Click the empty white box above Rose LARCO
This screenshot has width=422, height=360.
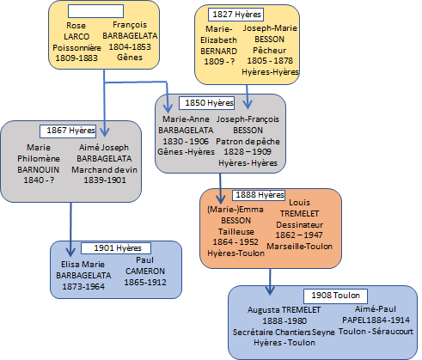tap(95, 11)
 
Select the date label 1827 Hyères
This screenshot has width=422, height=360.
tap(236, 15)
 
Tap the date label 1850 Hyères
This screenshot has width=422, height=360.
tap(206, 103)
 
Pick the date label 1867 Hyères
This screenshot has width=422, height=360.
tap(68, 131)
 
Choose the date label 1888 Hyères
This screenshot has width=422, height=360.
tap(259, 195)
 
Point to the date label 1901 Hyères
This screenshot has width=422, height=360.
tap(116, 248)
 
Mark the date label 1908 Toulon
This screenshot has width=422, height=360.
tap(335, 296)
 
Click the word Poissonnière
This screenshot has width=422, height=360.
tap(76, 47)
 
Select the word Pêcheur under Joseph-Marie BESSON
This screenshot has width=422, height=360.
tap(269, 51)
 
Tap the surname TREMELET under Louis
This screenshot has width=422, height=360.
tap(299, 214)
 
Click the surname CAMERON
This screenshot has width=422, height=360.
tap(145, 271)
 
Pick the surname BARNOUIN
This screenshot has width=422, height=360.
tap(38, 169)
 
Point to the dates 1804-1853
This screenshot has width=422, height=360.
tap(130, 46)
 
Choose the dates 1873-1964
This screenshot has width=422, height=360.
tap(83, 286)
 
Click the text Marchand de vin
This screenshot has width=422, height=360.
tap(104, 170)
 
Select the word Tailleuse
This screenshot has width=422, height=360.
tap(236, 231)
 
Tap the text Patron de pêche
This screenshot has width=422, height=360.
tap(248, 142)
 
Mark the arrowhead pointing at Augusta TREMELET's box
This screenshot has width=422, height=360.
tap(270, 290)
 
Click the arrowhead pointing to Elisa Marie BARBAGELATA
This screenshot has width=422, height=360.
tap(70, 252)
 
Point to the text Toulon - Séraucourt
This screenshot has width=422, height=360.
tap(376, 332)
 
